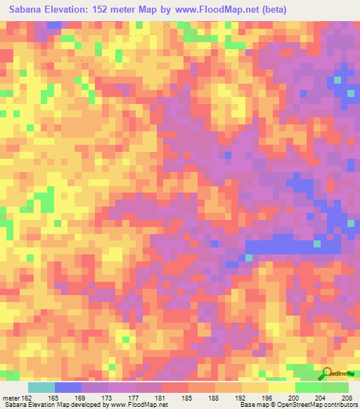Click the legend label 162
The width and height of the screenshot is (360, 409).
tap(27, 397)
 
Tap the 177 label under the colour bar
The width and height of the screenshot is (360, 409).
tap(135, 397)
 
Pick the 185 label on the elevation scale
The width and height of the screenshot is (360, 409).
tap(188, 397)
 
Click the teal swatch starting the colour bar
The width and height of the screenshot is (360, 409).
tap(41, 387)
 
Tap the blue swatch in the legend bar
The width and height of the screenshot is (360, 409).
tap(68, 387)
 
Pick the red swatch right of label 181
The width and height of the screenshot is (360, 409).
tap(174, 387)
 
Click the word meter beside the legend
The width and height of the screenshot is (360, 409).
tap(11, 397)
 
